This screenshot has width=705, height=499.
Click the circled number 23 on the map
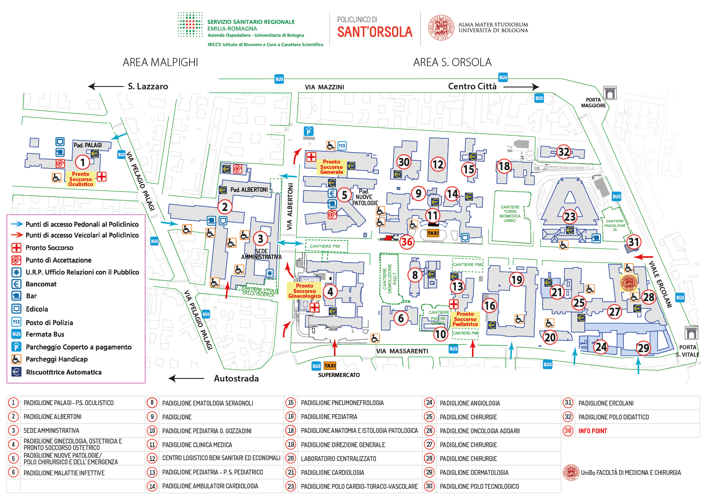click(570, 217)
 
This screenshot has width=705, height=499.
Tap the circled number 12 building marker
click(438, 164)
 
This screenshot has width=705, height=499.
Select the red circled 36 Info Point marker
click(407, 242)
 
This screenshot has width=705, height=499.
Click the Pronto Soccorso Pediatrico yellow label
click(465, 319)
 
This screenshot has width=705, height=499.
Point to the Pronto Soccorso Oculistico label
click(81, 179)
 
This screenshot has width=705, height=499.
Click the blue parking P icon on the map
click(309, 131)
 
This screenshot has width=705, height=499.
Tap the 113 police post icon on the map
click(342, 146)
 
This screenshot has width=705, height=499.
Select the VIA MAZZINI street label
click(324, 87)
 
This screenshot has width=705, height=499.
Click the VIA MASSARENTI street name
click(402, 351)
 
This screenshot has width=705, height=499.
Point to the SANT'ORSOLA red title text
click(375, 32)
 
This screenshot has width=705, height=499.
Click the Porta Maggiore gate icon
click(610, 93)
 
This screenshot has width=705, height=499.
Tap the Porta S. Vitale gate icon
click(691, 333)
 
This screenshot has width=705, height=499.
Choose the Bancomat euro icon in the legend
click(16, 284)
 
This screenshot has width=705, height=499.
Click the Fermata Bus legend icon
click(16, 334)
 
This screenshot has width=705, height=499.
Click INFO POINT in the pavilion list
click(592, 431)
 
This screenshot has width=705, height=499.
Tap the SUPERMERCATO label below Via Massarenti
click(339, 375)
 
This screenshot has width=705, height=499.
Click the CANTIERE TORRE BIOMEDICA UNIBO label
click(510, 214)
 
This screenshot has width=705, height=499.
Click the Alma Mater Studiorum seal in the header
click(441, 28)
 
